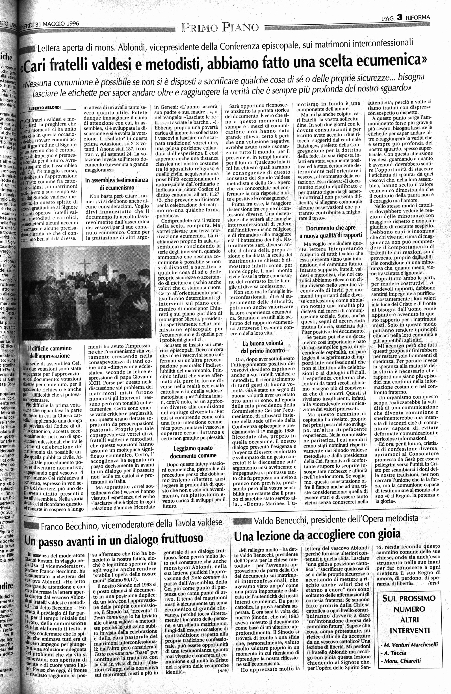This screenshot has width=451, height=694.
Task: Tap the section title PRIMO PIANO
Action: [220, 28]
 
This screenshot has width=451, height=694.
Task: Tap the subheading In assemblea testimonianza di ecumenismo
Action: [116, 184]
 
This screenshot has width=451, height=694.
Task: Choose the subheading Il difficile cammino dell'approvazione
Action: [49, 352]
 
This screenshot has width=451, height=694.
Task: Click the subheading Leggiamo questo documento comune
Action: [193, 452]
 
